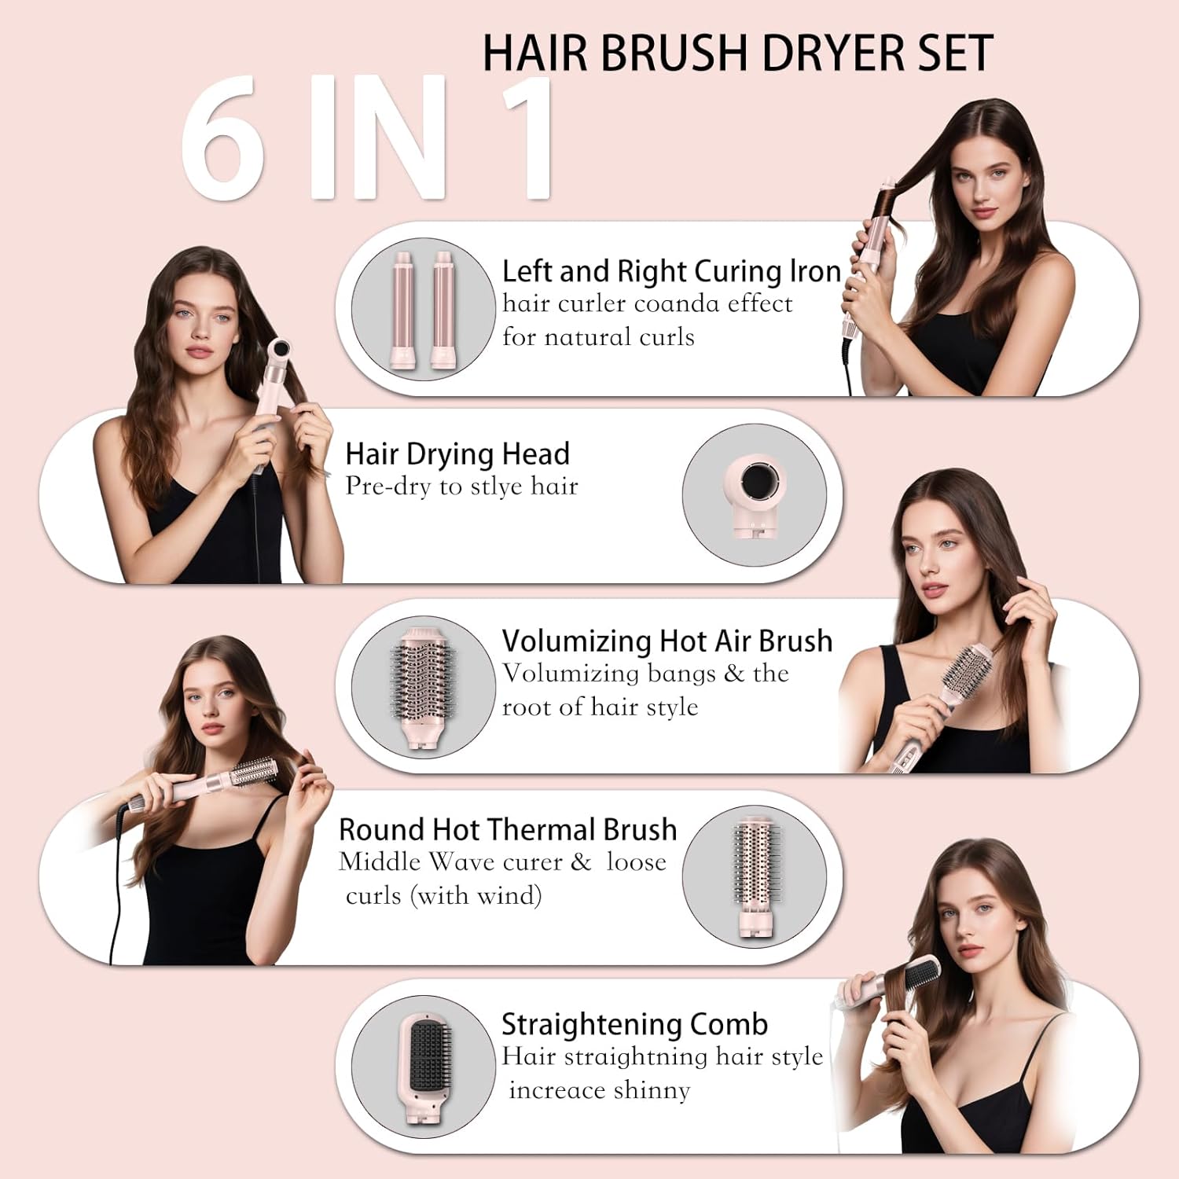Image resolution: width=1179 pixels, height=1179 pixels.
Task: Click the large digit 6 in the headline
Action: (222, 139)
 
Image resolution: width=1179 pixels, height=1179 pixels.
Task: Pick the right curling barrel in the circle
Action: (443, 310)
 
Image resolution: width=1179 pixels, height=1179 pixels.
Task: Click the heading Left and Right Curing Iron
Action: (671, 271)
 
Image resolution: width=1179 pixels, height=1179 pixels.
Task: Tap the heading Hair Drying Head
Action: (457, 454)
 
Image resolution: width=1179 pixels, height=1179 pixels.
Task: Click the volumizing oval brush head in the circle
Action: (422, 685)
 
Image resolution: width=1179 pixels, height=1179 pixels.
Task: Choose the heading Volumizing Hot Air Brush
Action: (667, 641)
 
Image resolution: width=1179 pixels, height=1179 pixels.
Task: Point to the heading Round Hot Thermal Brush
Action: (508, 829)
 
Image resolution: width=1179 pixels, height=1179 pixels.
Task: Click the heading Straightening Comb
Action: (634, 1024)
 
